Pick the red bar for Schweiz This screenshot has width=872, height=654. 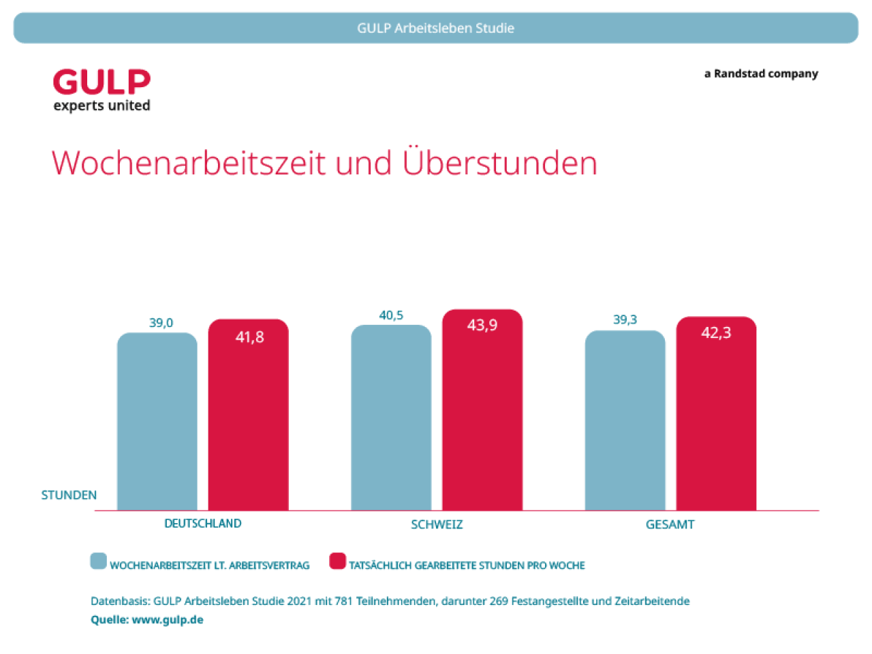click(x=482, y=416)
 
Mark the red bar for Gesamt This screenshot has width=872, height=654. click(x=716, y=420)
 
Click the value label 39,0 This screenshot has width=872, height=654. click(x=161, y=323)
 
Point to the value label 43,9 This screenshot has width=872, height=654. click(x=482, y=326)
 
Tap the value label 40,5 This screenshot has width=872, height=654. click(x=391, y=315)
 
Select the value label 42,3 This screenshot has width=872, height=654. click(x=716, y=333)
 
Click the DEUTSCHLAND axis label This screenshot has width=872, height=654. click(x=203, y=523)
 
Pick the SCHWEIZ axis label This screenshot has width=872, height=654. click(x=437, y=525)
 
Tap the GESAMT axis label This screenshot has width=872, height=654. click(x=670, y=525)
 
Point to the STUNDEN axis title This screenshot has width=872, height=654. click(x=69, y=495)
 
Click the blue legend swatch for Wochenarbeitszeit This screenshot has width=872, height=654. click(x=99, y=561)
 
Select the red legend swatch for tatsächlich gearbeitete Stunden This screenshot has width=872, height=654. click(x=337, y=561)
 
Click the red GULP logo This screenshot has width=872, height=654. click(x=102, y=82)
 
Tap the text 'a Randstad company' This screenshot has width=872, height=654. click(x=761, y=74)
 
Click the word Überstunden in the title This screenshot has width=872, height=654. click(x=500, y=163)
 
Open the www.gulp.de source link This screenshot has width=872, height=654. click(x=168, y=620)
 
